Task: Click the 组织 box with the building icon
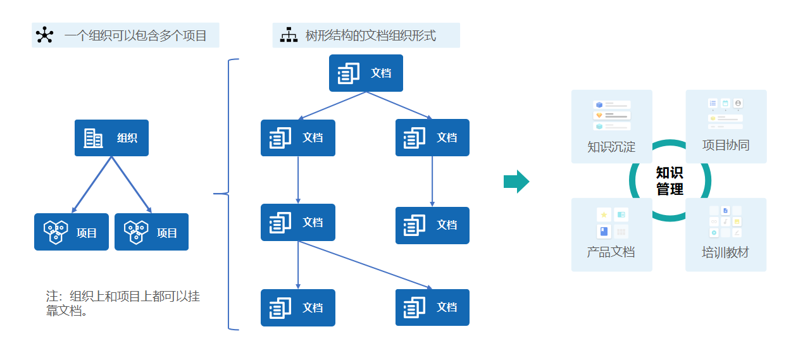[111, 138]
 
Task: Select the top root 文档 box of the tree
[366, 73]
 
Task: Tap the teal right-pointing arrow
[516, 182]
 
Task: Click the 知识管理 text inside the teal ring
[670, 181]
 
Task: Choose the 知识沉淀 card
[611, 127]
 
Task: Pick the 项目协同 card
[726, 127]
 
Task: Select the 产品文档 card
[611, 235]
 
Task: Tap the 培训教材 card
[726, 235]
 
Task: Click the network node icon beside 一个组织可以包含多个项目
[44, 35]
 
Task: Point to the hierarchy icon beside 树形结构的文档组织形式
[289, 35]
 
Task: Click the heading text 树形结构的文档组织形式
[370, 35]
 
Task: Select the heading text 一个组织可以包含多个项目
[135, 35]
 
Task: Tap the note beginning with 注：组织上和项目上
[123, 303]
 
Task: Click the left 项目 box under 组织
[72, 232]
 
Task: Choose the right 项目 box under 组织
[151, 232]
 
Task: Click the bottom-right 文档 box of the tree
[432, 307]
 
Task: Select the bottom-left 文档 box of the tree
[298, 307]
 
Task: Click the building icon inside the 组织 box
[94, 138]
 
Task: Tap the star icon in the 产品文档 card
[604, 215]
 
